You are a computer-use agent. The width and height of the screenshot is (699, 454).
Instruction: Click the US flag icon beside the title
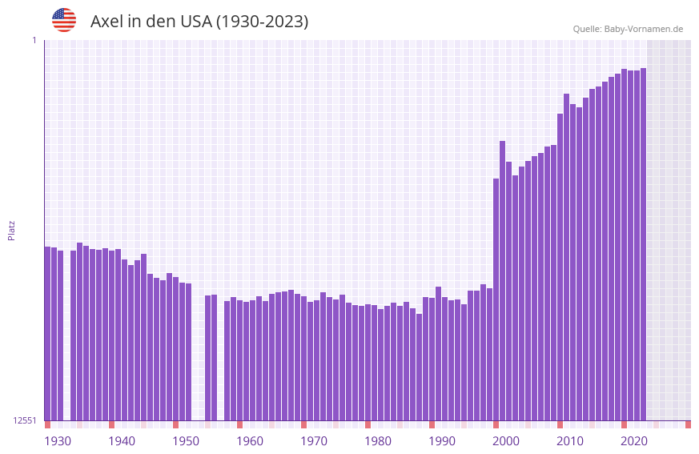tap(64, 20)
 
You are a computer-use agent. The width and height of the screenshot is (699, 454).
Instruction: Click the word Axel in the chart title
tap(105, 22)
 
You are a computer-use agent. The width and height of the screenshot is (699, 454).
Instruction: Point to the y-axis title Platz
tap(11, 230)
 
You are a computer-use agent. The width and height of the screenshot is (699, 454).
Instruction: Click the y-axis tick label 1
tap(34, 40)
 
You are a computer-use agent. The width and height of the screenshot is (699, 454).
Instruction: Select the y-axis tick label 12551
tap(25, 420)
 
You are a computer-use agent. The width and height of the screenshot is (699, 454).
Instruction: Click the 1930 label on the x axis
tap(58, 441)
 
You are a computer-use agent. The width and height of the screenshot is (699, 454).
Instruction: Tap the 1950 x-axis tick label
tap(186, 441)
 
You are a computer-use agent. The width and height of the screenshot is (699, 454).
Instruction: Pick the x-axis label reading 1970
tap(314, 441)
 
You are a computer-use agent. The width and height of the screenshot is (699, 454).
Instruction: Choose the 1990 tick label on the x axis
tap(442, 441)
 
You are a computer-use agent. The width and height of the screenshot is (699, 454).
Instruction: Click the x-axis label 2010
tap(570, 441)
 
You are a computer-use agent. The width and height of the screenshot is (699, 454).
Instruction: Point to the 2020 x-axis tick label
tap(634, 441)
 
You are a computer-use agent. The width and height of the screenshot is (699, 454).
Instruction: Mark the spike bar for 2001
tap(502, 280)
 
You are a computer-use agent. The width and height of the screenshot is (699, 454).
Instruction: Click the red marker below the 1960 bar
tap(239, 424)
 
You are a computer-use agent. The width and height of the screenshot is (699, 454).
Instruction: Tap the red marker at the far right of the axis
tap(688, 424)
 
